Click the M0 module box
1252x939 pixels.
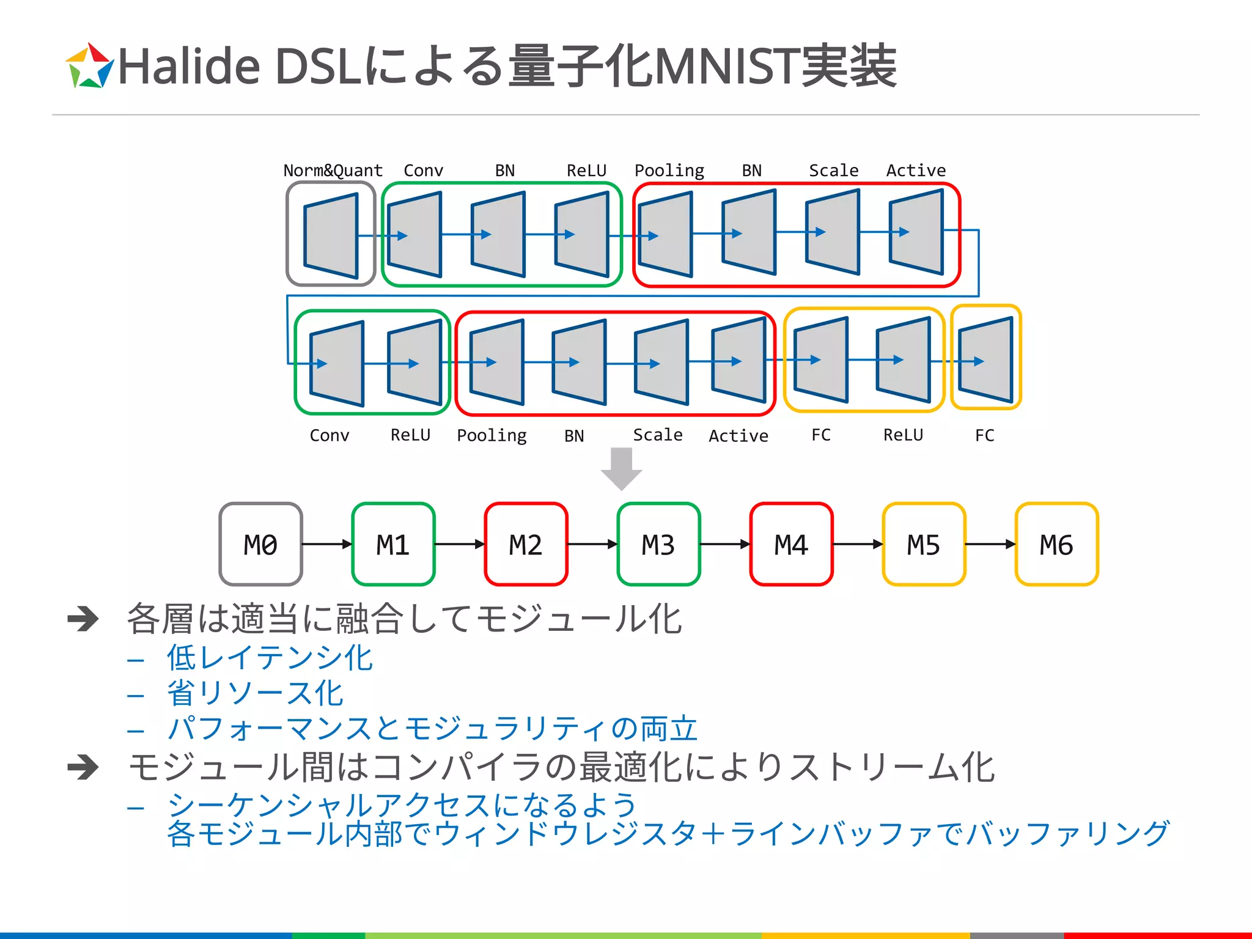[x=260, y=544]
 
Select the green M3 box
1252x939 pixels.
[x=658, y=544]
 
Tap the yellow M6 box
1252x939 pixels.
[x=1056, y=544]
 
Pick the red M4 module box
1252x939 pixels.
[x=791, y=544]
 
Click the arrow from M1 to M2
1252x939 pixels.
[x=459, y=544]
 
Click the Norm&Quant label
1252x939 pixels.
[x=333, y=170]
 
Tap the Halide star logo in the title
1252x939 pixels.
[x=89, y=66]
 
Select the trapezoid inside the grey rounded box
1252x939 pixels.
[x=331, y=235]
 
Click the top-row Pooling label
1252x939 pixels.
[x=669, y=170]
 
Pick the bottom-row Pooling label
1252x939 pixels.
[x=492, y=435]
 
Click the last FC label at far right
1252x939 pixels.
[x=984, y=435]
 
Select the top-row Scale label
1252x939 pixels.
[x=833, y=170]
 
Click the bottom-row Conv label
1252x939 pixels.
[x=330, y=435]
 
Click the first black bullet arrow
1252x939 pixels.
[x=83, y=619]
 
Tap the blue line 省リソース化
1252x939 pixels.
[x=254, y=693]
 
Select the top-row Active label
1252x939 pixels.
[x=916, y=170]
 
